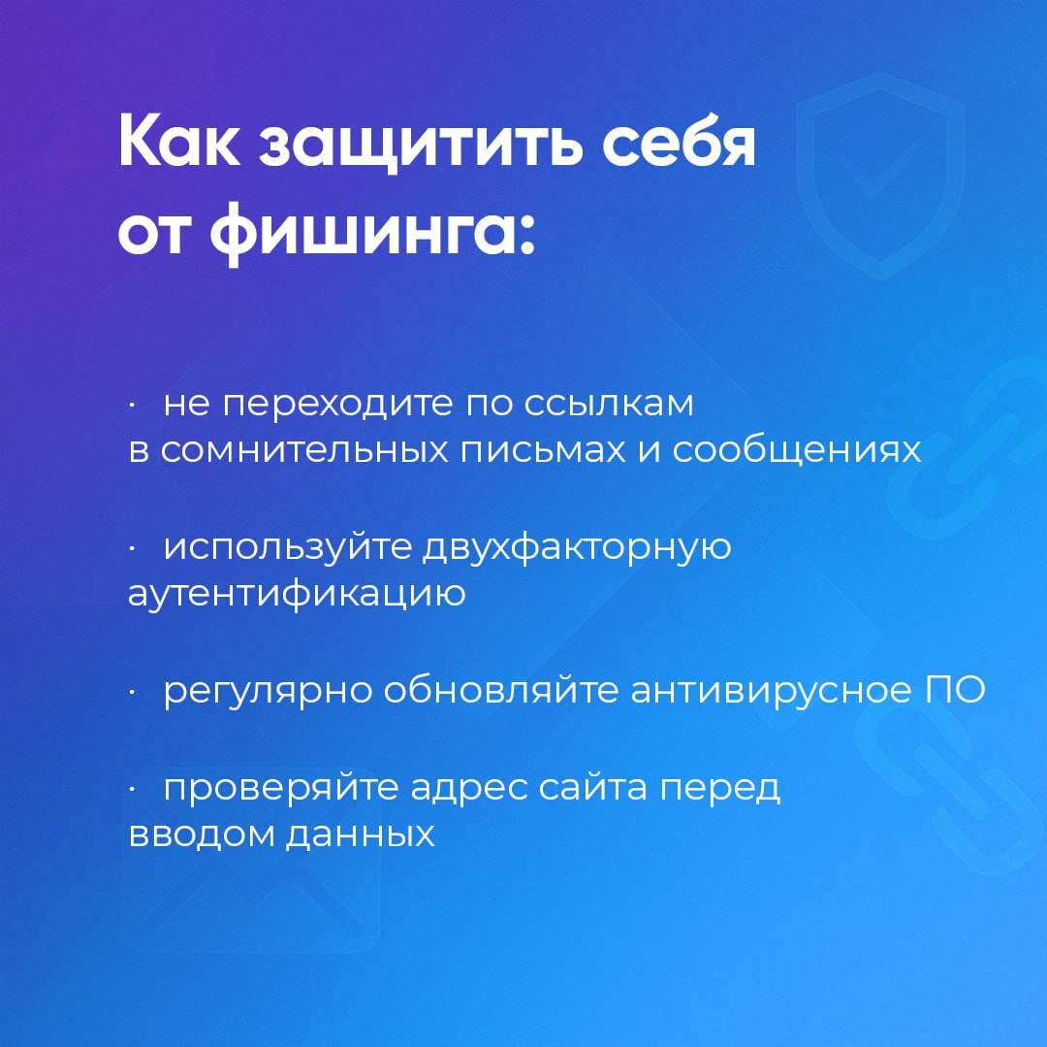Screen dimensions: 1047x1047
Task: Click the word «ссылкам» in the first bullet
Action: click(609, 405)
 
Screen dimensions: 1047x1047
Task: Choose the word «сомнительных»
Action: click(303, 450)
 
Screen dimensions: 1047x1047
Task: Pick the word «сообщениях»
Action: click(797, 450)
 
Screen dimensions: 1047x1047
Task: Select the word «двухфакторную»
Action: click(578, 547)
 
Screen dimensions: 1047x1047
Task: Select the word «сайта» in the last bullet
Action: click(593, 786)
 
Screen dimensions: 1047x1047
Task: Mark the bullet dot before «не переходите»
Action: click(133, 405)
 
